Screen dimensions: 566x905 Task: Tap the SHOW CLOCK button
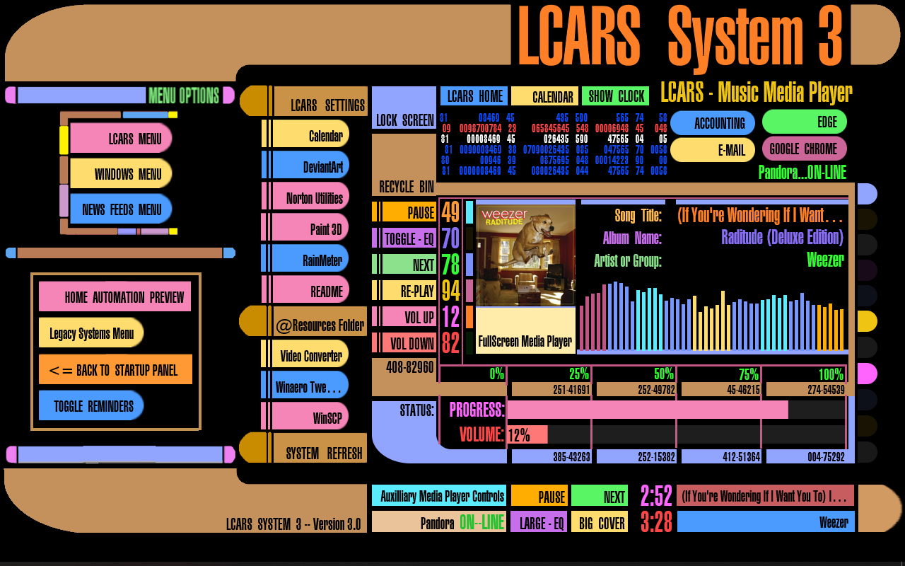point(615,96)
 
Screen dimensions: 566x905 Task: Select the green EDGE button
point(804,122)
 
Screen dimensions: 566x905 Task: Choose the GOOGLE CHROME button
point(804,149)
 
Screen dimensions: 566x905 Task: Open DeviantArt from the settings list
point(312,166)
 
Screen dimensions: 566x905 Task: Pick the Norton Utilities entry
point(312,197)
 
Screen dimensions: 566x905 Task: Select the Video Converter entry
point(310,355)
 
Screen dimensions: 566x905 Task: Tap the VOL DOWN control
point(405,344)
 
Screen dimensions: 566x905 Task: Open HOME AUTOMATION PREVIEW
point(115,297)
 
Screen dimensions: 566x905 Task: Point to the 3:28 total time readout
point(656,522)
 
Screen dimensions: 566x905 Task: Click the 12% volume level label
point(520,435)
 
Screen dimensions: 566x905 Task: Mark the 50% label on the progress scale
point(663,374)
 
